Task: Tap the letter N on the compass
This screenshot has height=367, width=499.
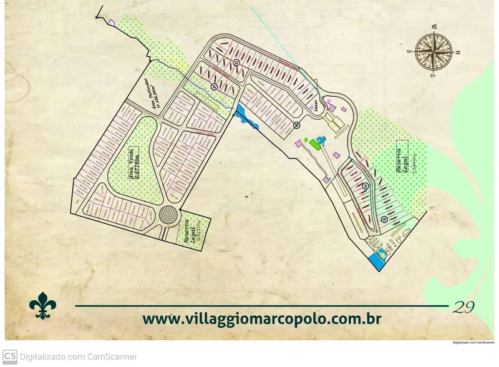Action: (457, 53)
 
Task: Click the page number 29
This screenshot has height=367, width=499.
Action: (464, 307)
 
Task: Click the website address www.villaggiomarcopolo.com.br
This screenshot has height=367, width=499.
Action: (262, 318)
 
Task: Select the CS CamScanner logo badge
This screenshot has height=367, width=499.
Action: (10, 356)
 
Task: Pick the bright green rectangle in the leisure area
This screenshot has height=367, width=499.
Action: (312, 145)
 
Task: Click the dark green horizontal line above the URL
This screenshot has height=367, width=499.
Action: (262, 306)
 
